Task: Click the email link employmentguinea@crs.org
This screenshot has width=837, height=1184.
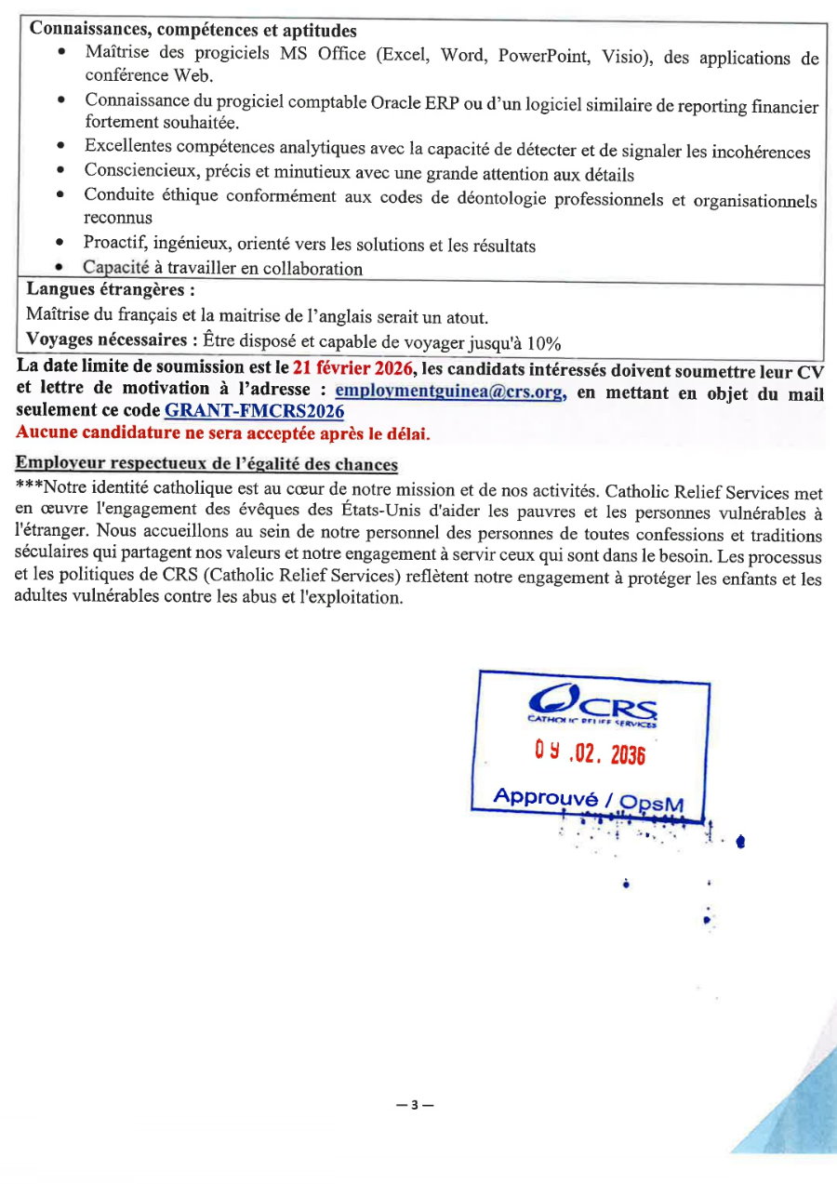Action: [449, 392]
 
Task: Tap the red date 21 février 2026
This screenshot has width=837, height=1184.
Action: [352, 369]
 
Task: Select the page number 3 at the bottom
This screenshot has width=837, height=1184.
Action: [415, 1105]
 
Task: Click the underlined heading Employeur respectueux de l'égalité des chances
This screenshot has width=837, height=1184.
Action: [206, 464]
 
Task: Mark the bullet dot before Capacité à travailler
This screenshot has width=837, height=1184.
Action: [60, 269]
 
